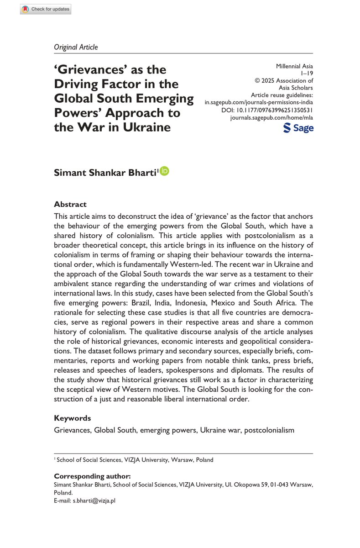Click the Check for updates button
(x=45, y=9)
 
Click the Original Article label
(x=76, y=47)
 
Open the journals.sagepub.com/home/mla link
(x=273, y=118)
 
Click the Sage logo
(x=298, y=129)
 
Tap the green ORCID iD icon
(x=165, y=171)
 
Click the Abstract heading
(x=70, y=204)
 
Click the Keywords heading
(x=72, y=418)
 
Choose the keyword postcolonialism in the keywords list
(x=269, y=430)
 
